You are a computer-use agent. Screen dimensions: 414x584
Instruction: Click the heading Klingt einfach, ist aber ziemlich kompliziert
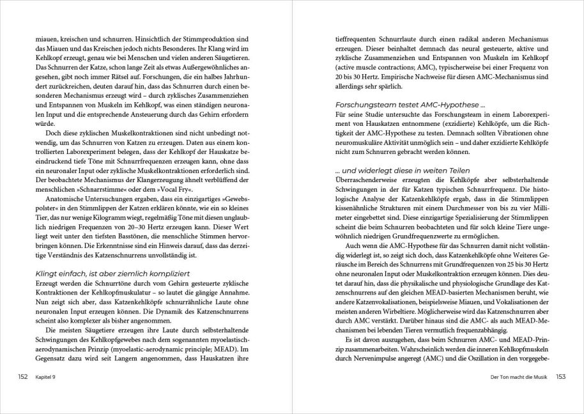[x=109, y=273]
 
